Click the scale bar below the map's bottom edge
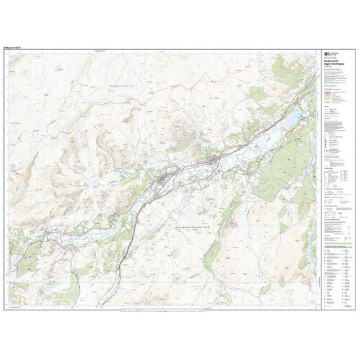tap(164, 309)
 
